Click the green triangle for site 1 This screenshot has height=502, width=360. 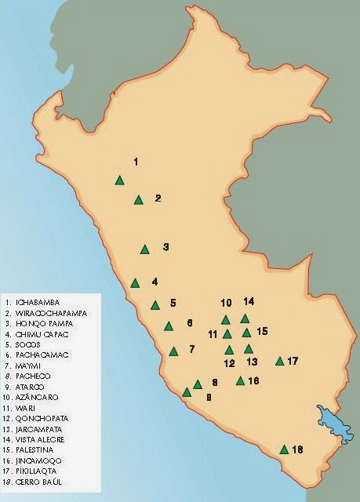pyautogui.click(x=119, y=180)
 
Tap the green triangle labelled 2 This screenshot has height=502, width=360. pyautogui.click(x=139, y=200)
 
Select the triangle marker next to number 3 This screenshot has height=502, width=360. pyautogui.click(x=144, y=249)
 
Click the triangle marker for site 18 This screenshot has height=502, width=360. pyautogui.click(x=284, y=449)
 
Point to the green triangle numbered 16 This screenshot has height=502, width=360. pyautogui.click(x=240, y=381)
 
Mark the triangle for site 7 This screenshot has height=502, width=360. pyautogui.click(x=173, y=351)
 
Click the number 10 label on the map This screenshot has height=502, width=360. pyautogui.click(x=226, y=303)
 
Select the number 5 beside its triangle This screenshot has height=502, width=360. pyautogui.click(x=173, y=303)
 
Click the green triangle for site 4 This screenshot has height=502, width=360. pyautogui.click(x=135, y=283)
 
